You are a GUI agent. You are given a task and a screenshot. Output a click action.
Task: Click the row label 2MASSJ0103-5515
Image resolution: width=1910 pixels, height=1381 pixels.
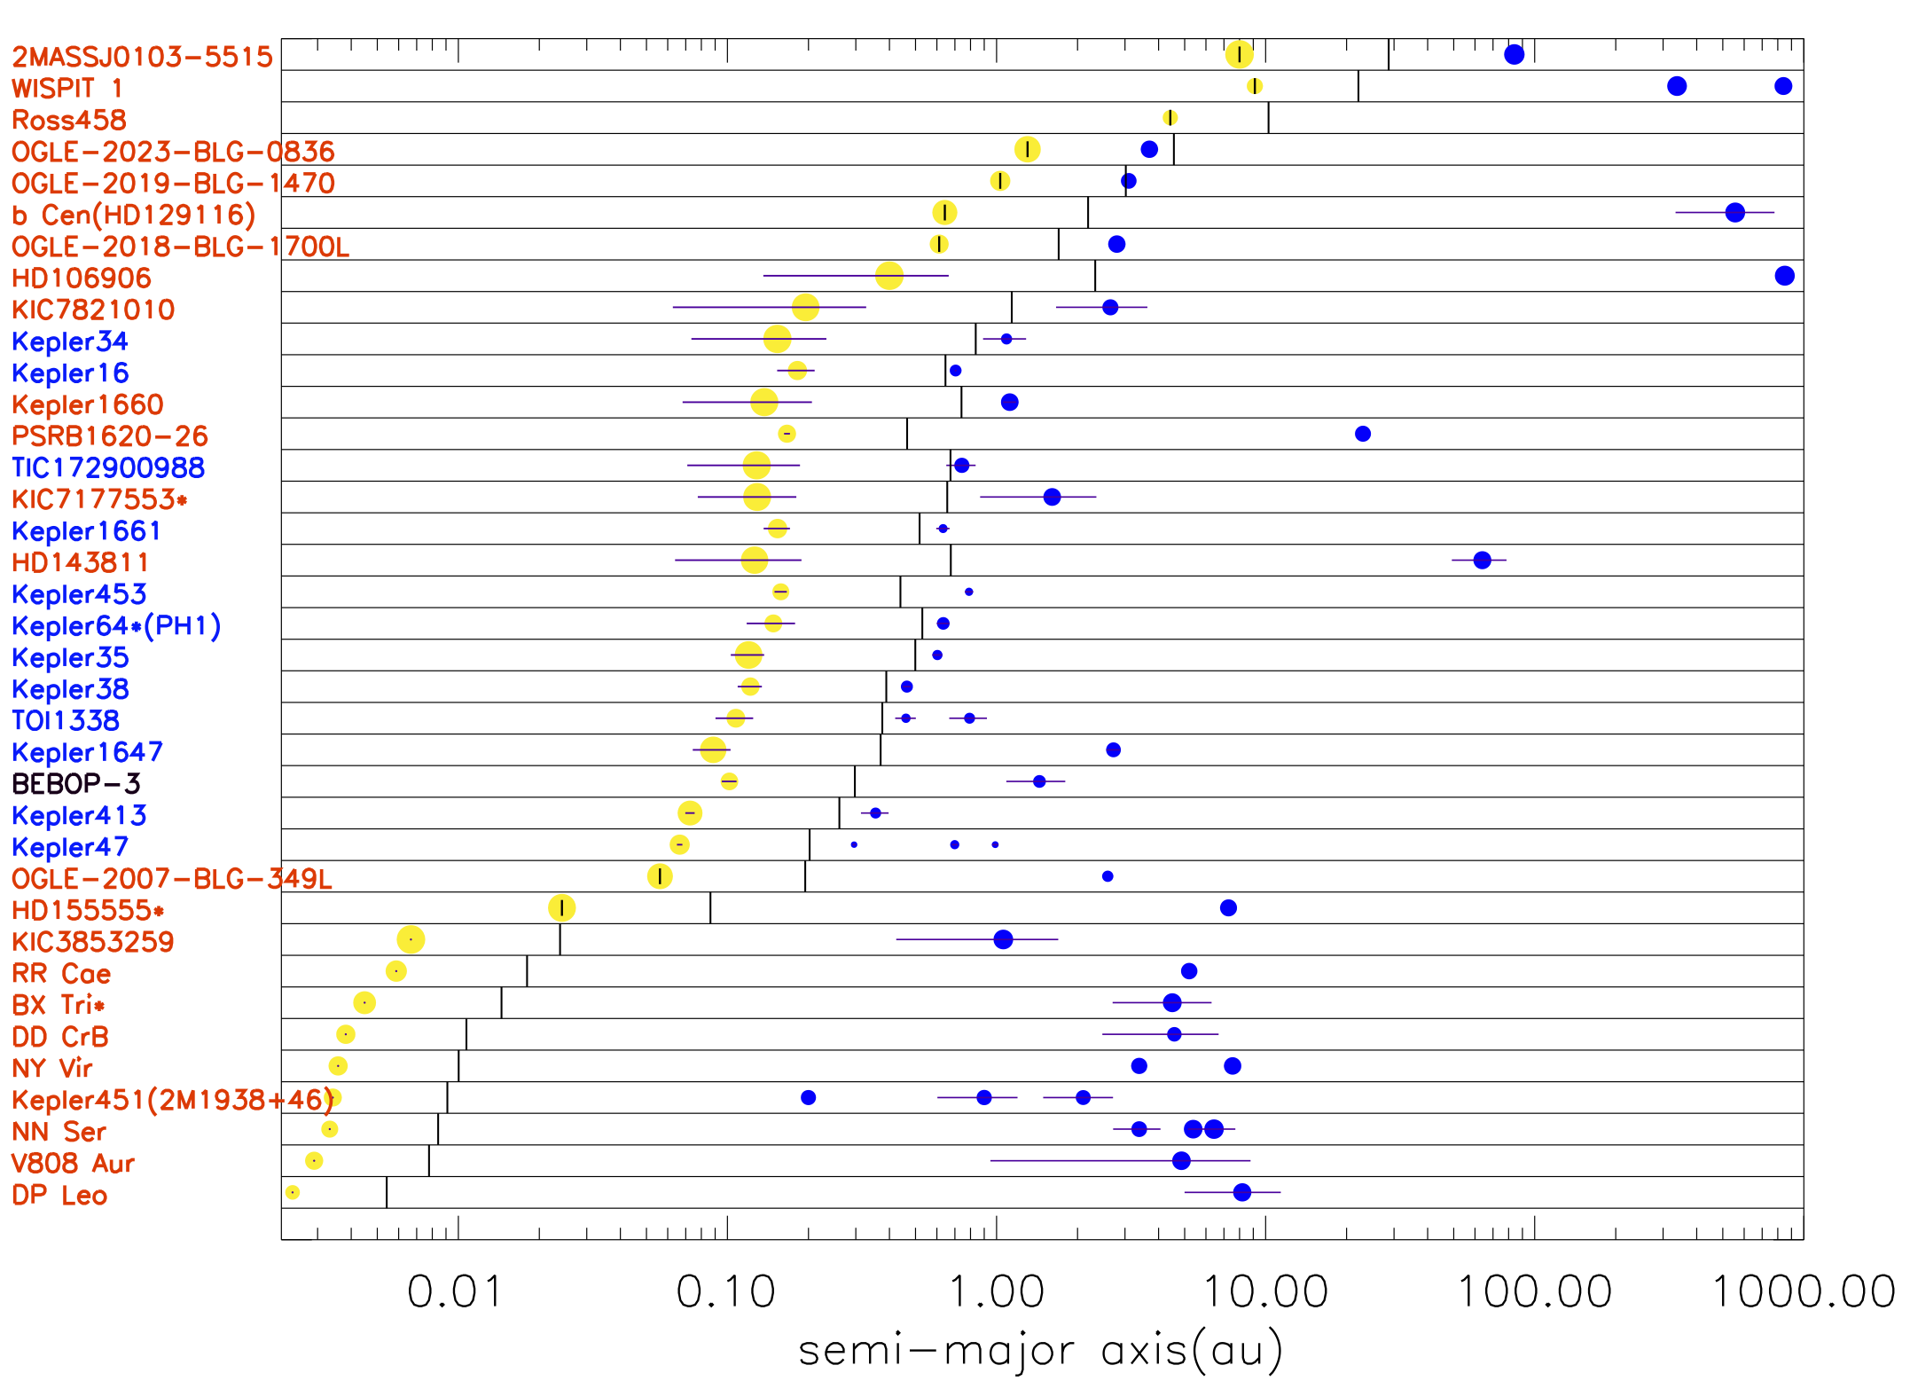[142, 57]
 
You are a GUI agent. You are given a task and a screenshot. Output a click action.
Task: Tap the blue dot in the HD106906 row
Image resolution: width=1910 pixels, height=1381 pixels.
[1784, 276]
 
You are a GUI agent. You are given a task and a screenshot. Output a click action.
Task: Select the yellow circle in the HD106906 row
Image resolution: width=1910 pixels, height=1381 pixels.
[888, 276]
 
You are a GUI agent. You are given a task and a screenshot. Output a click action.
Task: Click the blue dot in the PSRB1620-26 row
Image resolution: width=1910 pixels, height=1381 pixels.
[1363, 434]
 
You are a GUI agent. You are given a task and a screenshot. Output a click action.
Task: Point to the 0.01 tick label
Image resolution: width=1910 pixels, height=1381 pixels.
[455, 1291]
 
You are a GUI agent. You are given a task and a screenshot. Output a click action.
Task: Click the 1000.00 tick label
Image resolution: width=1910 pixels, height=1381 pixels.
[1804, 1291]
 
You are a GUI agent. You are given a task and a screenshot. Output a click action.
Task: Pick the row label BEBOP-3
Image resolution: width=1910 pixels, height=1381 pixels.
[76, 784]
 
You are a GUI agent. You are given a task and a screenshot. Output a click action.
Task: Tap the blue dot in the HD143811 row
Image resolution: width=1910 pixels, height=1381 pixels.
[1482, 561]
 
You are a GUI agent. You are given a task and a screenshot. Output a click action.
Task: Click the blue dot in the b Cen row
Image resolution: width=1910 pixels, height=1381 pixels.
[1735, 213]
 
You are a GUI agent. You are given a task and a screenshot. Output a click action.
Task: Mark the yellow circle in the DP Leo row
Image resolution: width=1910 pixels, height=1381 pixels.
[293, 1192]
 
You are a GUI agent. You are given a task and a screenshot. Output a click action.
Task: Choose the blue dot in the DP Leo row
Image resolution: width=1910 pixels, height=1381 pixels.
[1241, 1192]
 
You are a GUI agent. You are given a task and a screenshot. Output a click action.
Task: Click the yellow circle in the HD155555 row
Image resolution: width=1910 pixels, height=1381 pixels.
[562, 907]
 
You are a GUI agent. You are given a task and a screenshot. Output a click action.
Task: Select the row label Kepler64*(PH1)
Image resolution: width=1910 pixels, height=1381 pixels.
[116, 626]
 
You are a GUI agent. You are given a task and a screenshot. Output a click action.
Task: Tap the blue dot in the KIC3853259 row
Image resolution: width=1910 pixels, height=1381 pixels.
[1003, 939]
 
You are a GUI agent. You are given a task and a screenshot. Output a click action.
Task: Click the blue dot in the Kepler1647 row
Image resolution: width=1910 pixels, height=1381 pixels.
[1113, 750]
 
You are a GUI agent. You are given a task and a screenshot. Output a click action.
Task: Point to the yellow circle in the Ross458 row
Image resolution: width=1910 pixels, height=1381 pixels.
[1170, 118]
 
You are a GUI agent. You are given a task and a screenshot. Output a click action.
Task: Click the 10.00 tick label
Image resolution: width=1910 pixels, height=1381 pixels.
[1265, 1291]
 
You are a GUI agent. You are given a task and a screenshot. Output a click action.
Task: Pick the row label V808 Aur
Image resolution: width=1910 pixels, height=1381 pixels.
[73, 1164]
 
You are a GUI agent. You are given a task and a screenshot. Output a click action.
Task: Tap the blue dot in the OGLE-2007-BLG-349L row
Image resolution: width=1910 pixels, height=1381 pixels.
[1108, 876]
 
